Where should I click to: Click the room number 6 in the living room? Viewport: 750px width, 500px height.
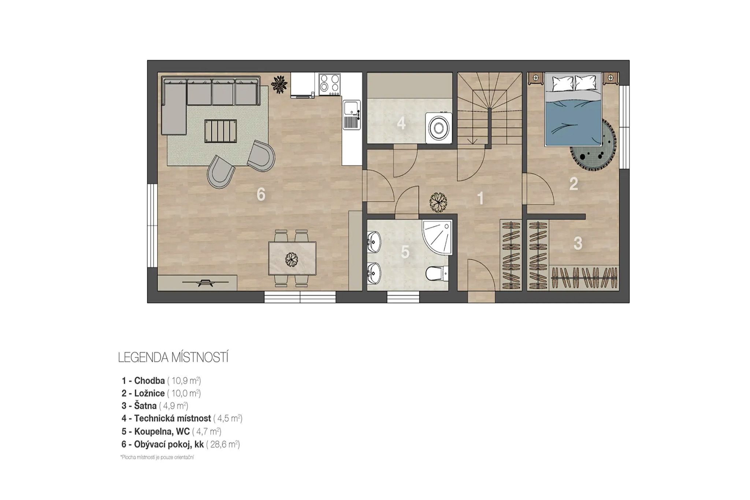pyautogui.click(x=261, y=194)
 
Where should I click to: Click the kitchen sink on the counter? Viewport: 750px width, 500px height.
pyautogui.click(x=351, y=115)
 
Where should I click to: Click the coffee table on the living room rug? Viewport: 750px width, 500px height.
pyautogui.click(x=220, y=131)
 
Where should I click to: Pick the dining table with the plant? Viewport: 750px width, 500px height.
pyautogui.click(x=292, y=258)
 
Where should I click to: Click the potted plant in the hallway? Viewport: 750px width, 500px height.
pyautogui.click(x=438, y=202)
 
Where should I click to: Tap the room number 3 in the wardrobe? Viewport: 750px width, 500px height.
pyautogui.click(x=578, y=243)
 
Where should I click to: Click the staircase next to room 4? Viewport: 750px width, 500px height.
pyautogui.click(x=489, y=110)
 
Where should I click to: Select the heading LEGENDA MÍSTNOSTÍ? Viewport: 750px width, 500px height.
pyautogui.click(x=173, y=358)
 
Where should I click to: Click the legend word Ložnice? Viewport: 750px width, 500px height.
pyautogui.click(x=149, y=393)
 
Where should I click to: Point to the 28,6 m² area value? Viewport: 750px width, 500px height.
pyautogui.click(x=223, y=445)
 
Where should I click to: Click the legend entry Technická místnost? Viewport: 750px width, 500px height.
pyautogui.click(x=172, y=418)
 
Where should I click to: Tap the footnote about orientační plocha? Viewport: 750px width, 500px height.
pyautogui.click(x=157, y=458)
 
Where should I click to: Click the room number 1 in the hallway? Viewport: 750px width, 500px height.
pyautogui.click(x=480, y=199)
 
